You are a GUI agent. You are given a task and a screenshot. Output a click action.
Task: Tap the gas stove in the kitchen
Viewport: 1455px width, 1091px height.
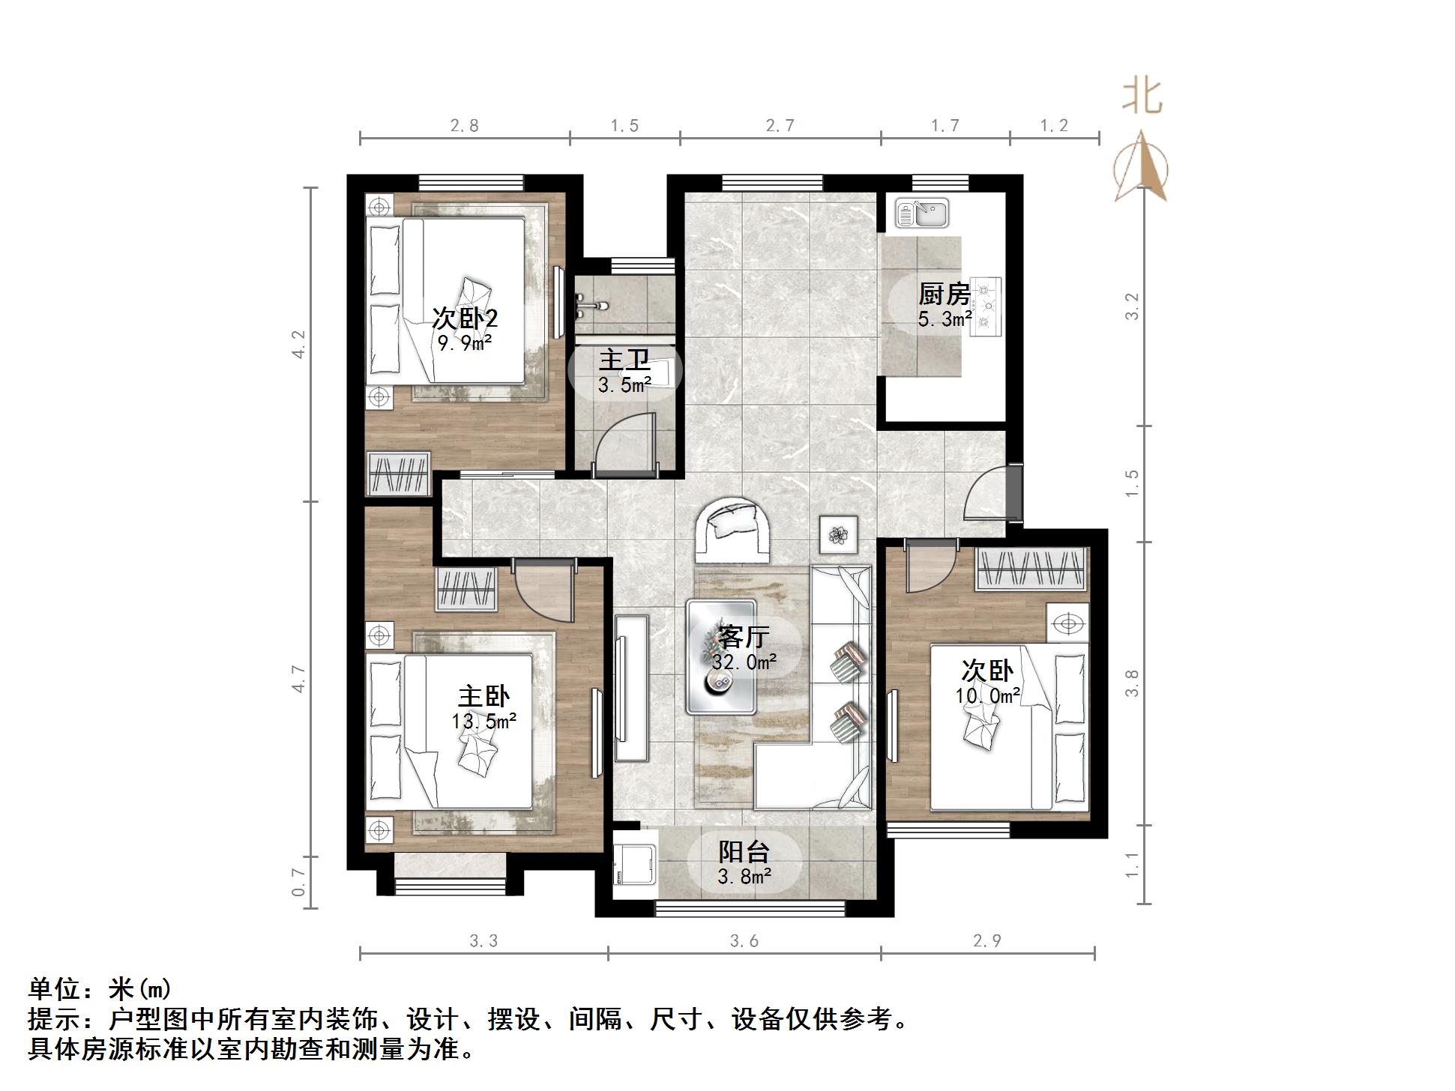point(986,306)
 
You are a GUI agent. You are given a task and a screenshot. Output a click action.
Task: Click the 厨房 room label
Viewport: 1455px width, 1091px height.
point(945,294)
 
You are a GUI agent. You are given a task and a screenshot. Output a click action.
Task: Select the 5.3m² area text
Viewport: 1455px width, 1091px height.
point(945,319)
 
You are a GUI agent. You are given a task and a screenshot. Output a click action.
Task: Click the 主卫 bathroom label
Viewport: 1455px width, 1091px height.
point(624,360)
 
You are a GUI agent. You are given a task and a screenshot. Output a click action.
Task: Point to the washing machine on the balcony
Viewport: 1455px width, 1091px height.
point(635,871)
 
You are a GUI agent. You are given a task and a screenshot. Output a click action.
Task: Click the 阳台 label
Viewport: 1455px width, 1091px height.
point(744,851)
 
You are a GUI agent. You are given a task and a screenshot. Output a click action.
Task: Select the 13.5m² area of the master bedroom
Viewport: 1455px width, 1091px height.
point(484,721)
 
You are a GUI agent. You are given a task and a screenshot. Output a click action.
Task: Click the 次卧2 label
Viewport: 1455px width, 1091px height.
point(465,318)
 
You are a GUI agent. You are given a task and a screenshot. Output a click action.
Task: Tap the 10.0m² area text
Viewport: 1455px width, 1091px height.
point(987,695)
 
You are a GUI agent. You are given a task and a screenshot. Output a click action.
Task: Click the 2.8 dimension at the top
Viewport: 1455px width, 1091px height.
point(464,125)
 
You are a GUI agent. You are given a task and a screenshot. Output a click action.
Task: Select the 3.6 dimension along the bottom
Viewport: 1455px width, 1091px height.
point(744,941)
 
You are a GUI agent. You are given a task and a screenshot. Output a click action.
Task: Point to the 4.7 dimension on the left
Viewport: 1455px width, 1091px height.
point(299,679)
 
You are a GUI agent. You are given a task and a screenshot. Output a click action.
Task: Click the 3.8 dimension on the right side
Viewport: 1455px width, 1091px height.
point(1132,683)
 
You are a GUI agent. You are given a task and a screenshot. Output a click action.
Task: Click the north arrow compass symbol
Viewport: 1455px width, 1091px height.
point(1141,169)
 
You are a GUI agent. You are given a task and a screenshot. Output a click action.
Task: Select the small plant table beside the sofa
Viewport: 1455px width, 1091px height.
point(838,535)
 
